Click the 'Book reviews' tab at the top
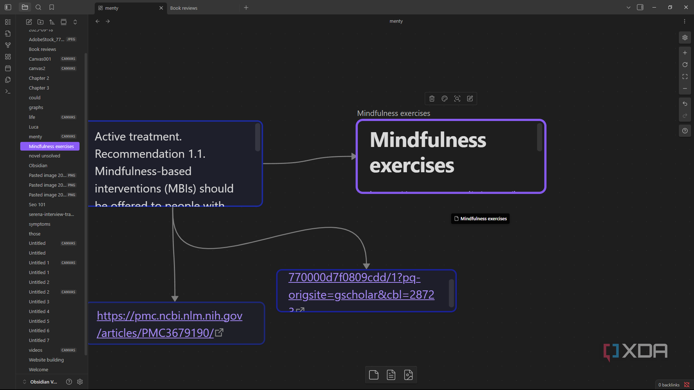pos(184,8)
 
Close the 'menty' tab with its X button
pos(161,8)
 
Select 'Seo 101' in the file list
pos(37,205)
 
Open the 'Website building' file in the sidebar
pos(46,360)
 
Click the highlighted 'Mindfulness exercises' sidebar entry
pos(51,146)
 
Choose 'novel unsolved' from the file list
pos(44,156)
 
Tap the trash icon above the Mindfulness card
pos(432,99)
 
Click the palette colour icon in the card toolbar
pos(445,99)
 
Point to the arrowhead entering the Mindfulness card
pos(354,156)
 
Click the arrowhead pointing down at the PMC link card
pos(175,298)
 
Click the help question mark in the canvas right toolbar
pos(685,131)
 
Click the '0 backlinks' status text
pos(669,385)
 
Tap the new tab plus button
pos(246,8)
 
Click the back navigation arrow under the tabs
pos(98,21)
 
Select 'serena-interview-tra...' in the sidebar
pos(51,214)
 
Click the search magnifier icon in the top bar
pos(38,8)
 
